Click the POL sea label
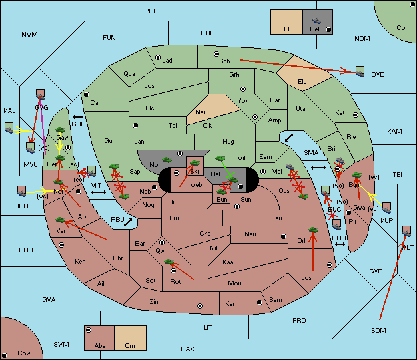(151, 11)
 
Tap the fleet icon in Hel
(316, 21)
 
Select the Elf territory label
(288, 29)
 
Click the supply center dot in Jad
(158, 57)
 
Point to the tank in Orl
(313, 230)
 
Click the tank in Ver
(61, 220)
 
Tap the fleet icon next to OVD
(360, 71)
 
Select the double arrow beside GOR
(77, 117)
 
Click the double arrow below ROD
(340, 244)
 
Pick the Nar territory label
(201, 112)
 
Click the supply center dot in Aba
(89, 330)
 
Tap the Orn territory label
(130, 345)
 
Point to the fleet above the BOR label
(22, 191)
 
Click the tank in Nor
(167, 160)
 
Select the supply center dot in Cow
(5, 355)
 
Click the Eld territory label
(302, 82)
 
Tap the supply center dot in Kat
(356, 115)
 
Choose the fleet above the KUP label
(386, 208)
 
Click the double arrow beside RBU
(128, 222)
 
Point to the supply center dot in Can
(87, 94)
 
